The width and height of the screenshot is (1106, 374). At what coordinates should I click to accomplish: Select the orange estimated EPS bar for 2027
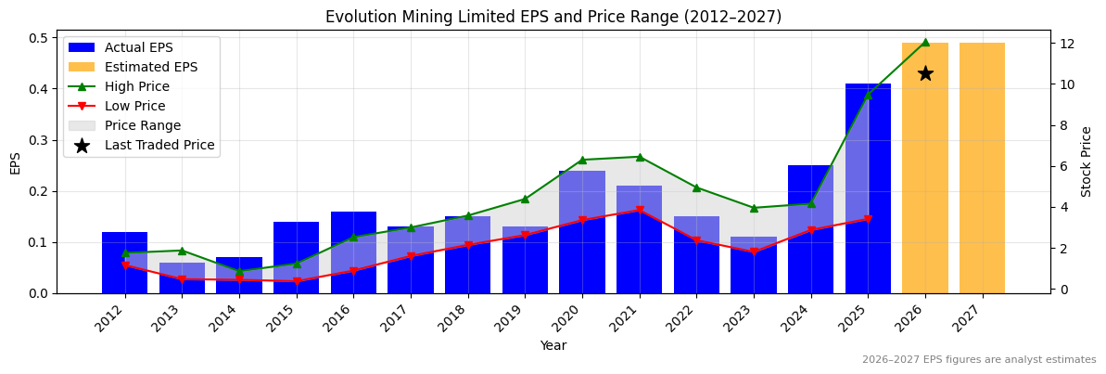point(982,168)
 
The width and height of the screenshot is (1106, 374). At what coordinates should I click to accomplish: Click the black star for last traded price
point(925,73)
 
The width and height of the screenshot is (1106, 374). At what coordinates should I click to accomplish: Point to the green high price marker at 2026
point(925,42)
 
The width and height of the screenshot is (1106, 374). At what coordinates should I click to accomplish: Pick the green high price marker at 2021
point(640,157)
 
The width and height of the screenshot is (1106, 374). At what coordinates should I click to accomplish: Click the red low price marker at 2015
point(297,281)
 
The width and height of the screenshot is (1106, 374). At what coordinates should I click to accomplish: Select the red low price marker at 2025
point(868,219)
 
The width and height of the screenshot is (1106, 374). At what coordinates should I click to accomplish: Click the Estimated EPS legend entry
point(151,67)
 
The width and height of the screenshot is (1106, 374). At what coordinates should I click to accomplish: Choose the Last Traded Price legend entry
point(159,145)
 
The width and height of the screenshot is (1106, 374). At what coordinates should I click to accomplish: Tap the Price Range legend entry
point(143,125)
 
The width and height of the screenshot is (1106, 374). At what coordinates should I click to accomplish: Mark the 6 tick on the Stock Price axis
point(1063,166)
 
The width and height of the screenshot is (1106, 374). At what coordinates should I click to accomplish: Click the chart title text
point(553,17)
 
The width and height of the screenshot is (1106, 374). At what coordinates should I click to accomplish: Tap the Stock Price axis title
point(1087,161)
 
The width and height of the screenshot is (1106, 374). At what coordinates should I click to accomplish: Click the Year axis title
point(553,345)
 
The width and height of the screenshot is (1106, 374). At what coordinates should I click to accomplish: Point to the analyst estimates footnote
point(978,360)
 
